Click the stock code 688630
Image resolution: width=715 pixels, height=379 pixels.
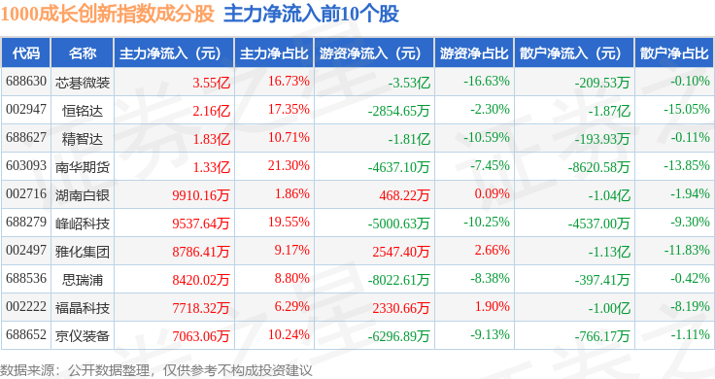pyautogui.click(x=26, y=82)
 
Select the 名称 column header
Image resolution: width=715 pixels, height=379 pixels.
pyautogui.click(x=83, y=53)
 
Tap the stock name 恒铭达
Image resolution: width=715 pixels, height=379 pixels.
pyautogui.click(x=83, y=111)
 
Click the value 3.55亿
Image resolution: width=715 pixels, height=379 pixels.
pyautogui.click(x=211, y=83)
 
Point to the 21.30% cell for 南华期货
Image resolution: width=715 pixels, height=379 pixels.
pyautogui.click(x=289, y=165)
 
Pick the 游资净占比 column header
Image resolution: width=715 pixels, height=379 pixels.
pyautogui.click(x=474, y=53)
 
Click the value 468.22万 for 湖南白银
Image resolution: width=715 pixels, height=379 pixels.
pyautogui.click(x=404, y=195)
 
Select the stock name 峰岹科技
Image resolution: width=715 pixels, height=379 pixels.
pyautogui.click(x=83, y=224)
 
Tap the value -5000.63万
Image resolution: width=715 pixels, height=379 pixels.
pyautogui.click(x=399, y=224)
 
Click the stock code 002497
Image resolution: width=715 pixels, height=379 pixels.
pyautogui.click(x=26, y=250)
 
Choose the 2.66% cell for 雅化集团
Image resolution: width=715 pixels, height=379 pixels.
pyautogui.click(x=492, y=250)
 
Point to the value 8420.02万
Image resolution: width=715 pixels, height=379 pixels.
pyautogui.click(x=201, y=280)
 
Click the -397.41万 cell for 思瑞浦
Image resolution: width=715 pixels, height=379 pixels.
pyautogui.click(x=602, y=280)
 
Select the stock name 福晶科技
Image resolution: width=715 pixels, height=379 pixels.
pyautogui.click(x=83, y=308)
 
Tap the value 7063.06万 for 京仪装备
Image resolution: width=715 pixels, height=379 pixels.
pyautogui.click(x=201, y=336)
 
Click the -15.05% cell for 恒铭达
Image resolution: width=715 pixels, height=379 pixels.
pyautogui.click(x=686, y=110)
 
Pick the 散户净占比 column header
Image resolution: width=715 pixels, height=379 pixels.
pyautogui.click(x=674, y=53)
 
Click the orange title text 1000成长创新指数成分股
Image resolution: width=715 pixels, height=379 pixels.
pyautogui.click(x=107, y=14)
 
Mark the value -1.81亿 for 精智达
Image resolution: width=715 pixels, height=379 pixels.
pyautogui.click(x=409, y=139)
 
